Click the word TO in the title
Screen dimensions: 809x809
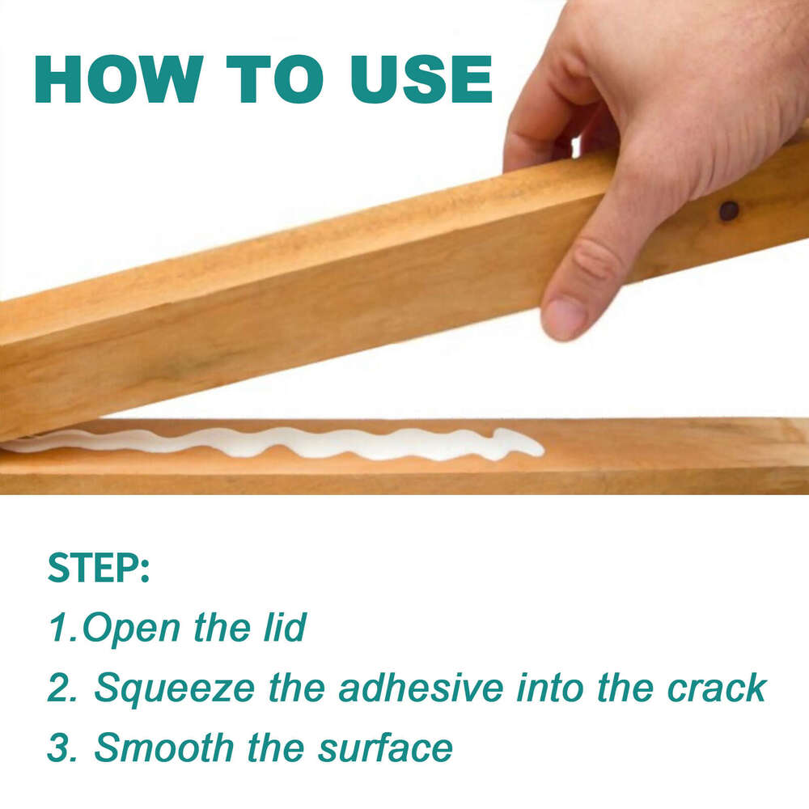click(x=275, y=80)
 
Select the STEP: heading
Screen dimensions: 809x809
click(x=98, y=569)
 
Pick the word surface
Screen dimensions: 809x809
click(x=385, y=749)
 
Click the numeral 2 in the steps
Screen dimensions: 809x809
click(x=58, y=689)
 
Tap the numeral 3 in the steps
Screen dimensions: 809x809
click(x=58, y=748)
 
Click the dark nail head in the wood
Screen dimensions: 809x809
click(x=729, y=211)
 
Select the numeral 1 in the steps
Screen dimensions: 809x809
click(x=58, y=629)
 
